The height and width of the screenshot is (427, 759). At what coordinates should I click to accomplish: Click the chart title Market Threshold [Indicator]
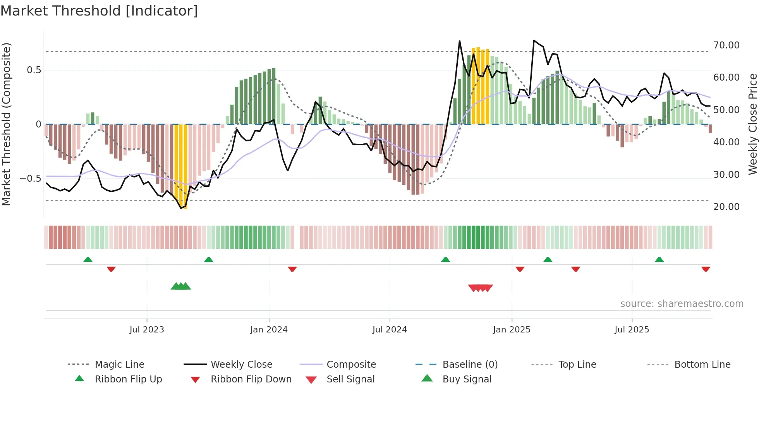[99, 11]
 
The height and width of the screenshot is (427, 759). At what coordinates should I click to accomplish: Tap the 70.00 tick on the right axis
[726, 45]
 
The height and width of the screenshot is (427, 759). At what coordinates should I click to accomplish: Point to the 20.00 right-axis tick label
[726, 207]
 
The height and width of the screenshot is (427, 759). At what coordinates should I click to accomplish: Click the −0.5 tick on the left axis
[30, 179]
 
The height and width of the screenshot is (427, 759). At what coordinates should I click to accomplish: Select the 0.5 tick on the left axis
[34, 70]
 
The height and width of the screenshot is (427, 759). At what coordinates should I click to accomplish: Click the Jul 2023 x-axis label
[147, 330]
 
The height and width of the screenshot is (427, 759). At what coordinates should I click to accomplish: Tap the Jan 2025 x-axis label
[512, 330]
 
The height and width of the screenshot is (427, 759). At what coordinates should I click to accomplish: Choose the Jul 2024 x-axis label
[390, 330]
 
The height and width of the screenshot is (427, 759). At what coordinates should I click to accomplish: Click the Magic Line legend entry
[119, 365]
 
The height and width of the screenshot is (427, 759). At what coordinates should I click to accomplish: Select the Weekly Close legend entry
[241, 365]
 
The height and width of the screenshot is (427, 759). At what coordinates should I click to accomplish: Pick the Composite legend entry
[351, 365]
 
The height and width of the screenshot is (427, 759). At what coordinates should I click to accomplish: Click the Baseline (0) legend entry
[470, 365]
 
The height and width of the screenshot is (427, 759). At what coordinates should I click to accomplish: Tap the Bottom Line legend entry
[702, 365]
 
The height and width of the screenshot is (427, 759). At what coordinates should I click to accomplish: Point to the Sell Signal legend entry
[350, 379]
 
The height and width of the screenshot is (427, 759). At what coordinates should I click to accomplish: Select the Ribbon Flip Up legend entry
[128, 379]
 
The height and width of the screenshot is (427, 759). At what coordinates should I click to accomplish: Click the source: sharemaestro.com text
[682, 304]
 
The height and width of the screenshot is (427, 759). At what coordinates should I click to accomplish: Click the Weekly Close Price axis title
[752, 124]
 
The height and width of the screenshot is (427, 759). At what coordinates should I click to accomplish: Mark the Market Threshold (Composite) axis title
[6, 124]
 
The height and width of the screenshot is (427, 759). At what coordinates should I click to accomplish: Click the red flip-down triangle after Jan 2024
[292, 269]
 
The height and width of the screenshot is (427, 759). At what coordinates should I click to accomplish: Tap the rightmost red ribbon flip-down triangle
[706, 269]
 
